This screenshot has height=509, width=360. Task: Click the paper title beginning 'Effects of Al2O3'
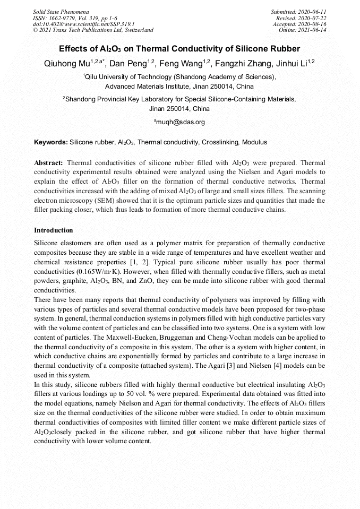[x=179, y=48]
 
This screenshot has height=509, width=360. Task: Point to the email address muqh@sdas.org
[x=179, y=122]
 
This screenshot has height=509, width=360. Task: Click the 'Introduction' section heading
[x=53, y=230]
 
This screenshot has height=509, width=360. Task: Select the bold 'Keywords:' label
[x=51, y=142]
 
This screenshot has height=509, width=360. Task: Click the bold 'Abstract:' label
[x=49, y=162]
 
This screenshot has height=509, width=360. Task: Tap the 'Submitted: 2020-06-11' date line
[x=298, y=12]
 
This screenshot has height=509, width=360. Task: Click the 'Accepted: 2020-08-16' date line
[x=299, y=24]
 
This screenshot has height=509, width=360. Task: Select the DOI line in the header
[x=83, y=24]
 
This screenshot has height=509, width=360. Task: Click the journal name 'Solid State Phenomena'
[x=61, y=12]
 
